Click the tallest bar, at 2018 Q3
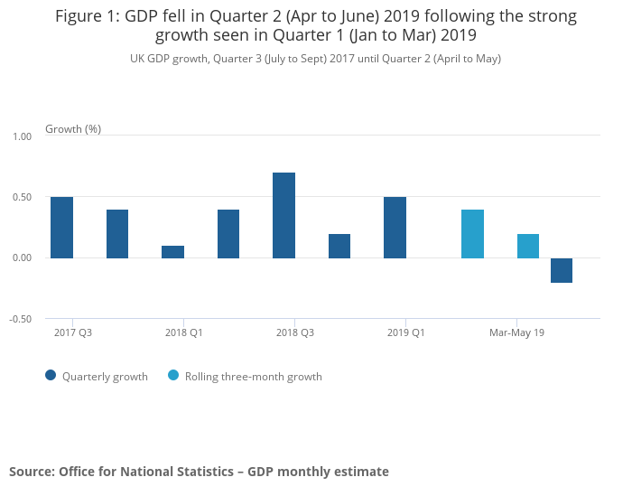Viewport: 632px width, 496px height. pyautogui.click(x=283, y=215)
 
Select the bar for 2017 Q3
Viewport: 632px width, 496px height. pyautogui.click(x=61, y=228)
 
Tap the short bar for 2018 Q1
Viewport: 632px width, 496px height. pyautogui.click(x=172, y=252)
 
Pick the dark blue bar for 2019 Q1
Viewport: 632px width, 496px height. pyautogui.click(x=395, y=228)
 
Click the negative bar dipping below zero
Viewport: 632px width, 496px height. pyautogui.click(x=561, y=270)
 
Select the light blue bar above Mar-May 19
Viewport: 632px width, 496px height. pyautogui.click(x=528, y=246)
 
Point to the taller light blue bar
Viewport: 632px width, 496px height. pyautogui.click(x=472, y=234)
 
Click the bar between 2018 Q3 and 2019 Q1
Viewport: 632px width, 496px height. pyautogui.click(x=339, y=246)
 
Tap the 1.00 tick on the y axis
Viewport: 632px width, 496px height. pyautogui.click(x=22, y=136)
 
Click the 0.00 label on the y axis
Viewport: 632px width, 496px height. pyautogui.click(x=22, y=258)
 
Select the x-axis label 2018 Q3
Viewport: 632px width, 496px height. pyautogui.click(x=295, y=332)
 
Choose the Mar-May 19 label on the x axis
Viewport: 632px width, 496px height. pyautogui.click(x=516, y=332)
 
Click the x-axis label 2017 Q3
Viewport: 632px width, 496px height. pyautogui.click(x=73, y=332)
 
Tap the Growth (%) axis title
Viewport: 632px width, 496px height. pyautogui.click(x=73, y=129)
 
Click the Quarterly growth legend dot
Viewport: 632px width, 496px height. pyautogui.click(x=51, y=376)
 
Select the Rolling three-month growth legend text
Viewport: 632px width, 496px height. pyautogui.click(x=253, y=377)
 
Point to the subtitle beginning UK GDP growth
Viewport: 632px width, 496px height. pyautogui.click(x=315, y=59)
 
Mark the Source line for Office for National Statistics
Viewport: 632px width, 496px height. pyautogui.click(x=199, y=472)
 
